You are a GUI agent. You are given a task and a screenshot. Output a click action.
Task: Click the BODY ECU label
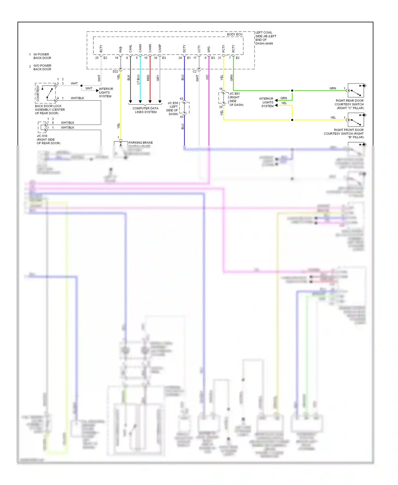click(235, 34)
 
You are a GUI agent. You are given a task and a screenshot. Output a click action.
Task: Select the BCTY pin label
click(101, 49)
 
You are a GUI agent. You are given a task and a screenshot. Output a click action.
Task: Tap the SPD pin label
click(209, 49)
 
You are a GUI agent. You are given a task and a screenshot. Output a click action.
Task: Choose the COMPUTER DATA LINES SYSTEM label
click(145, 110)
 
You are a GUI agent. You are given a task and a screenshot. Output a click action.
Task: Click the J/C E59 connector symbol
click(184, 108)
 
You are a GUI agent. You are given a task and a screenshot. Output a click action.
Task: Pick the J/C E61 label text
click(235, 94)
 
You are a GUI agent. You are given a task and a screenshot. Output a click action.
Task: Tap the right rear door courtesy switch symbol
click(356, 90)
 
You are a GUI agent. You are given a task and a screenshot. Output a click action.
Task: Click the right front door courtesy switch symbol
click(356, 120)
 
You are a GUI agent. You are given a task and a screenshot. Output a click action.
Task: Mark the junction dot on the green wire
click(292, 90)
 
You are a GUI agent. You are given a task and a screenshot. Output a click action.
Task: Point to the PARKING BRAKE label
click(141, 142)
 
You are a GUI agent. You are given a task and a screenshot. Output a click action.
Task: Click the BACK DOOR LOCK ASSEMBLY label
click(50, 110)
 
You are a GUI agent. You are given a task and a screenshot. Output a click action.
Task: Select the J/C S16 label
click(42, 136)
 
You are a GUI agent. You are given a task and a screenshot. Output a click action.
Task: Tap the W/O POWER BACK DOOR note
click(42, 67)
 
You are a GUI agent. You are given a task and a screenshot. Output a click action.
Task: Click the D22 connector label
click(115, 71)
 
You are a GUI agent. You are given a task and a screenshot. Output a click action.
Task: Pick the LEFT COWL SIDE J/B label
click(265, 38)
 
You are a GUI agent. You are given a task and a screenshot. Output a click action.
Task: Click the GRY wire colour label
click(158, 78)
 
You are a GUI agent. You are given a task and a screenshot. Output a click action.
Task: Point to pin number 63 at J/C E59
click(181, 99)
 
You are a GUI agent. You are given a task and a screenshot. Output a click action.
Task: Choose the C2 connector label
click(194, 71)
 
